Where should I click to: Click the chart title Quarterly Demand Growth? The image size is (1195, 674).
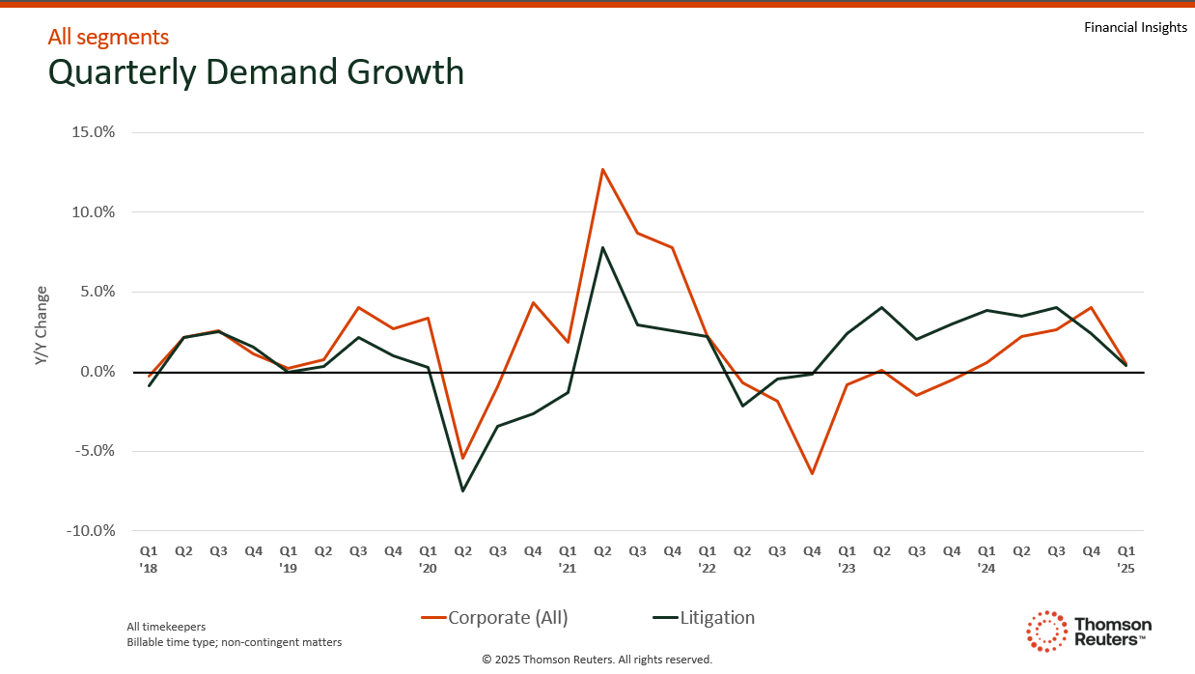[x=256, y=72]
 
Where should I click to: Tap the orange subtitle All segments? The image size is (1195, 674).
[x=108, y=37]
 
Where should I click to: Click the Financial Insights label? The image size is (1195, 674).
[x=1135, y=27]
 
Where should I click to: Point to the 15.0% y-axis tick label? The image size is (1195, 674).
[x=94, y=132]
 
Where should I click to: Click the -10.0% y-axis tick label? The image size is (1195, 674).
[x=92, y=530]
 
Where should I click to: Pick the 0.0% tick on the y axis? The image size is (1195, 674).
[x=97, y=372]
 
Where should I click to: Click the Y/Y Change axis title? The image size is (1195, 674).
[x=41, y=325]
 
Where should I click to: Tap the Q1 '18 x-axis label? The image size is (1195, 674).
[x=150, y=559]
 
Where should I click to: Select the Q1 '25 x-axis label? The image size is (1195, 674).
[x=1126, y=559]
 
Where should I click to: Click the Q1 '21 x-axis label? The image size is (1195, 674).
[x=568, y=559]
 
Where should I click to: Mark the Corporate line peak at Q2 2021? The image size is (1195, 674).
[x=602, y=169]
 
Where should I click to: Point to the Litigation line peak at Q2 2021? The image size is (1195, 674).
[x=602, y=247]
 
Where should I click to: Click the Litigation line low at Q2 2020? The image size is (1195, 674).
[x=462, y=491]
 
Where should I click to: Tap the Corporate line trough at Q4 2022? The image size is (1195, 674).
[x=812, y=473]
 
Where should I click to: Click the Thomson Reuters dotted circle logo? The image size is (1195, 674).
[x=1046, y=631]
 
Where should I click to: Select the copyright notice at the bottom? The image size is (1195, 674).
[x=597, y=660]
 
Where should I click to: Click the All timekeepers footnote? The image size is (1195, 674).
[x=166, y=627]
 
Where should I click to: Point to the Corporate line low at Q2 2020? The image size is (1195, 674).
[x=462, y=458]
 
